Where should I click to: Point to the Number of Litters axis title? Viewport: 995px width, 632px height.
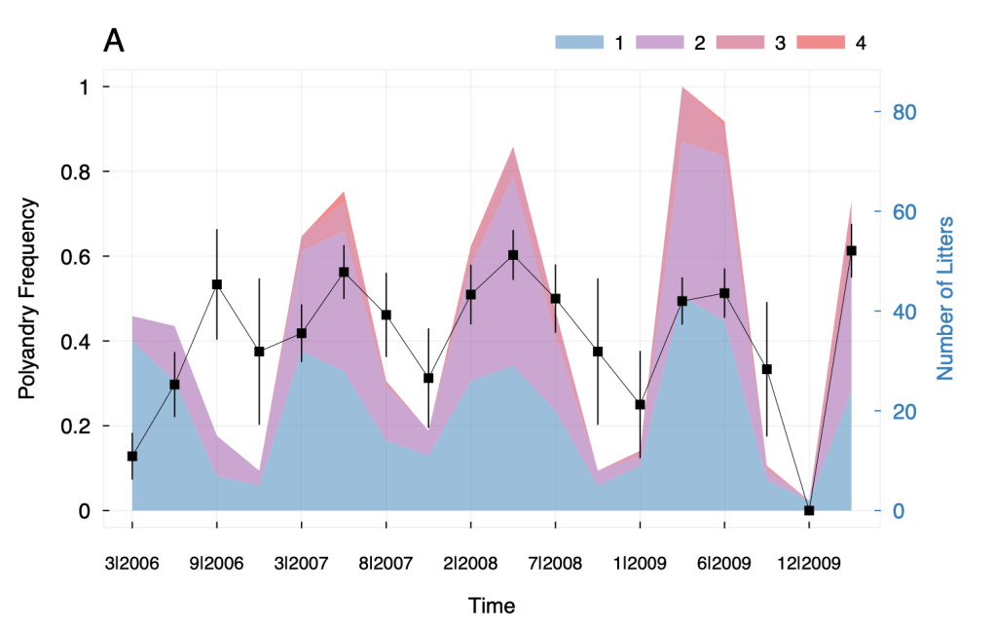[x=944, y=299]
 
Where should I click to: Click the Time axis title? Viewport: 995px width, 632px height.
[x=491, y=606]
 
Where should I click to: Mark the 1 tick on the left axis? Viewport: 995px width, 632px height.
[x=84, y=87]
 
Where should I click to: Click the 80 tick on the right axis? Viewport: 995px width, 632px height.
[x=907, y=112]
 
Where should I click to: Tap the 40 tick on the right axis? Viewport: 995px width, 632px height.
[x=907, y=312]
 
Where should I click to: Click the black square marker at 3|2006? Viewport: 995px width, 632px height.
[x=132, y=456]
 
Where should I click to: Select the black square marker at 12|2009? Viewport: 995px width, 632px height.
[x=809, y=510]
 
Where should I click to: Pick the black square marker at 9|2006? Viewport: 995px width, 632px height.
[x=217, y=284]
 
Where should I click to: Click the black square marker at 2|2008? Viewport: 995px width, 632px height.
[x=471, y=294]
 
